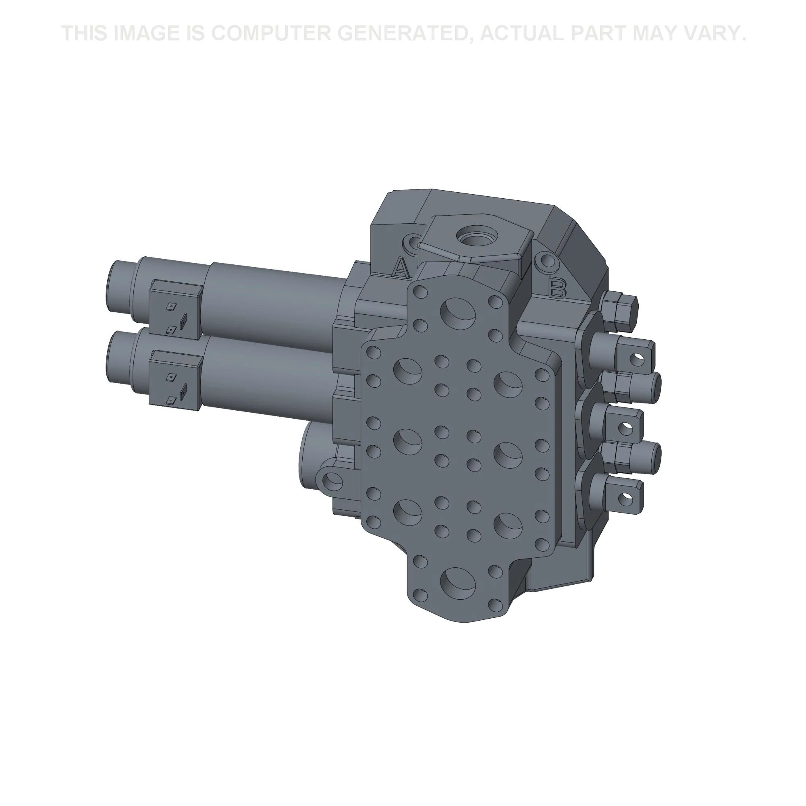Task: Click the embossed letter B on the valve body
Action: (x=557, y=288)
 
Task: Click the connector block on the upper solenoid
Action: (x=175, y=309)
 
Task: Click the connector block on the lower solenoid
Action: (x=175, y=380)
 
